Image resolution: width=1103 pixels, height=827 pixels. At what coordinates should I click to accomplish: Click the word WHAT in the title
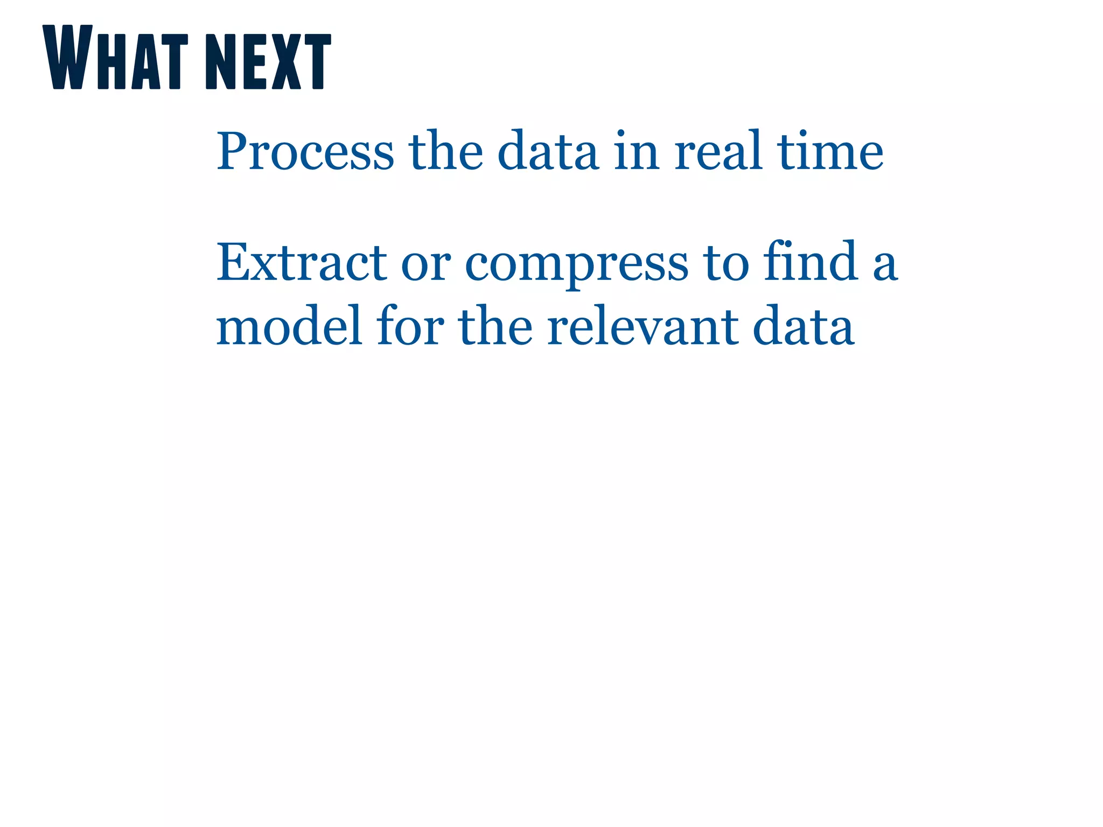(x=115, y=58)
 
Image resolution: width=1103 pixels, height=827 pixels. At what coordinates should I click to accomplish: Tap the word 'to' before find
(x=727, y=263)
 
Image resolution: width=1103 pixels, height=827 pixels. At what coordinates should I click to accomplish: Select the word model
(x=289, y=326)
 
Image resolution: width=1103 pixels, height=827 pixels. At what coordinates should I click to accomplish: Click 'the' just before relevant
(x=495, y=326)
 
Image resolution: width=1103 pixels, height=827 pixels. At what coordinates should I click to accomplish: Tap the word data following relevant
(x=803, y=326)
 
